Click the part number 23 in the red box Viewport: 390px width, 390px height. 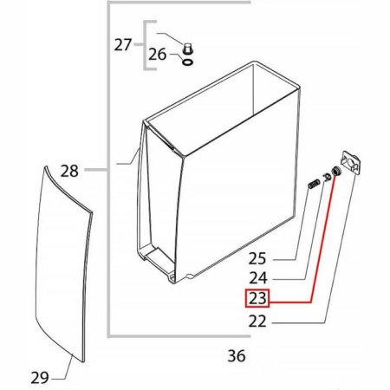point(257,298)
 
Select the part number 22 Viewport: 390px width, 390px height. point(257,321)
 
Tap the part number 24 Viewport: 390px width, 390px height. point(258,278)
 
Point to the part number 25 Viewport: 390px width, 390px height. point(257,258)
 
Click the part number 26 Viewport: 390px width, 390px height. point(158,54)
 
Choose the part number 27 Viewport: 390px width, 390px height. point(123,45)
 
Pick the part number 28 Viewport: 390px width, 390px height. point(69,171)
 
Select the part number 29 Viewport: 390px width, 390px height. point(40,377)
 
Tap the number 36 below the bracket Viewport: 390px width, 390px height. point(237,355)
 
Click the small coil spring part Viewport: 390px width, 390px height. point(314,184)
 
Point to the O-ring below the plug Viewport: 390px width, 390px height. point(188,62)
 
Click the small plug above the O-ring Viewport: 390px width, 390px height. point(188,49)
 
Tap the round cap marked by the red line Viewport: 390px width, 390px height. point(336,171)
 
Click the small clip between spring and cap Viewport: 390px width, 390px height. point(327,176)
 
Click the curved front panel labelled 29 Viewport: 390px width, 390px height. point(63,263)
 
